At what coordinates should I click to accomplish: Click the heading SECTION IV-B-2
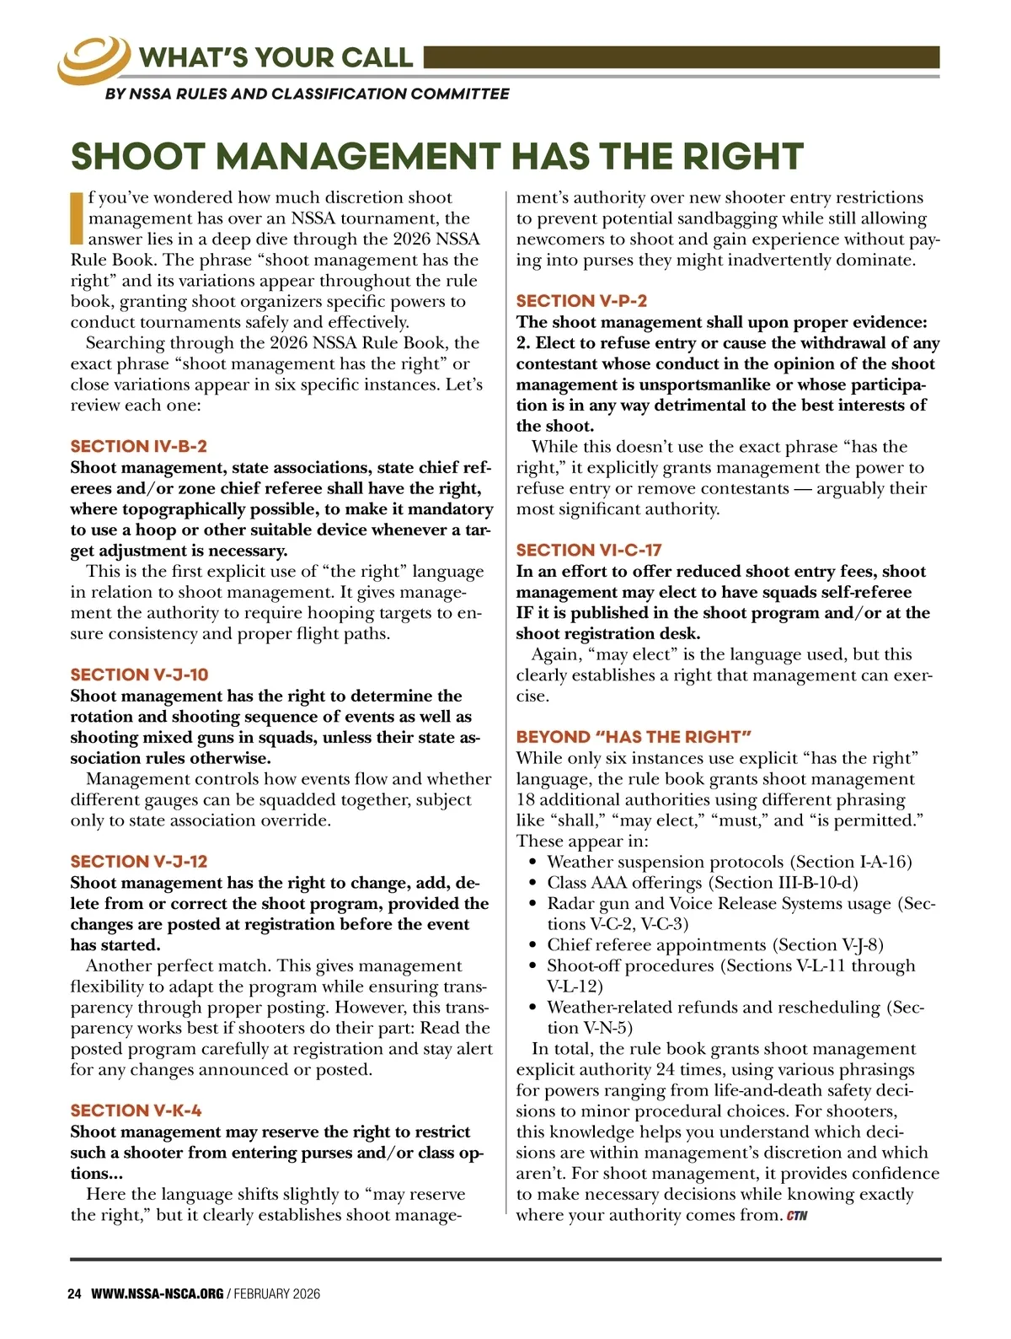[x=138, y=447]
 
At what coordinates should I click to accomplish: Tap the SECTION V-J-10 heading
[x=139, y=675]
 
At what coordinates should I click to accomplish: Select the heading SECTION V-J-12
[x=138, y=862]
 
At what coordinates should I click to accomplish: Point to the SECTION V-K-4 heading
[x=136, y=1110]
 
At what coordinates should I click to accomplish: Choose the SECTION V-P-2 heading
[x=581, y=301]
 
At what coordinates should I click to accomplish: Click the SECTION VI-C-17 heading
[x=589, y=550]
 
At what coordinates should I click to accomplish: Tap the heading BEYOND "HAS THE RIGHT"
[x=634, y=737]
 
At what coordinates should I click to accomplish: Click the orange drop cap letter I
[x=77, y=218]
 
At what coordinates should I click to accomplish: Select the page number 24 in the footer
[x=74, y=1294]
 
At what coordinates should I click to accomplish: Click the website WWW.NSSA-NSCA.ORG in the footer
[x=158, y=1294]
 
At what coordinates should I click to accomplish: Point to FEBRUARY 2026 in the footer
[x=277, y=1294]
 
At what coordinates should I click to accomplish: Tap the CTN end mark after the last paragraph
[x=797, y=1216]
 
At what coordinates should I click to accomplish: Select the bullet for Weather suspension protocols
[x=532, y=863]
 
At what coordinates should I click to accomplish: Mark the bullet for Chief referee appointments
[x=532, y=945]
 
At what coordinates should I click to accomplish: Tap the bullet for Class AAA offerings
[x=532, y=884]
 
